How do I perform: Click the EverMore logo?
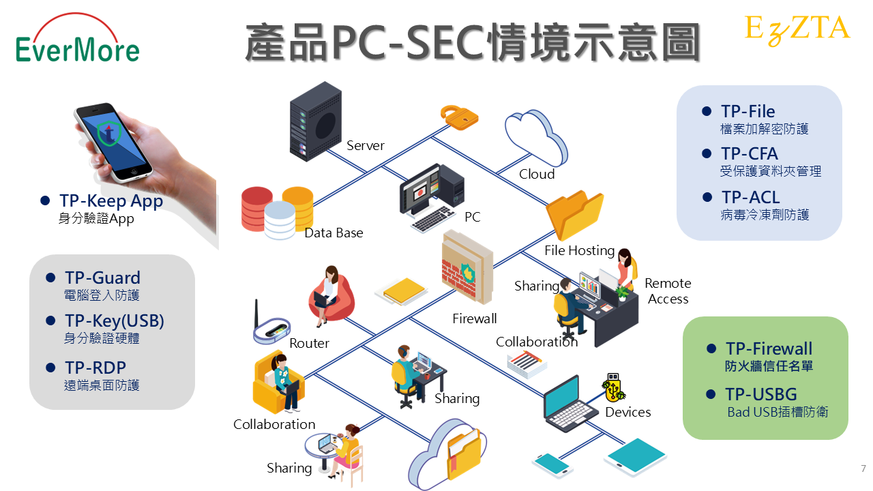coord(77,42)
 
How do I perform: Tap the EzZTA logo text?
coord(797,29)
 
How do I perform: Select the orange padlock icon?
coord(459,117)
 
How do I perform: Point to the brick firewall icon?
coord(468,269)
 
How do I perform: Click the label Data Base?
coord(334,233)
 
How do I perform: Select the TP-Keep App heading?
coord(111,201)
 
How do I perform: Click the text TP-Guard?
coord(102,278)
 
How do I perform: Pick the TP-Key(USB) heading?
coord(115,321)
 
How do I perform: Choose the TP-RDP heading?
coord(95,368)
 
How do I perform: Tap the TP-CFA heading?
coord(749,154)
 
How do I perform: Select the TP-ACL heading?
coord(750,198)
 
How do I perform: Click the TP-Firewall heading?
coord(769,349)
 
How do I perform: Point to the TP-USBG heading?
coord(760,394)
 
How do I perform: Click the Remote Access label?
coord(668,291)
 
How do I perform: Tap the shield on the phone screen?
coord(106,133)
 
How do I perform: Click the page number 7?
coord(863,469)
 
